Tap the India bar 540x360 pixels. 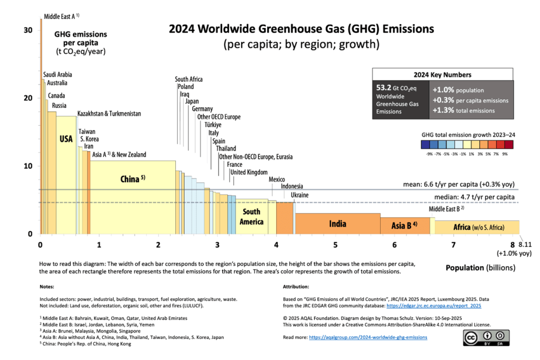(x=338, y=224)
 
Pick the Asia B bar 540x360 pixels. (x=404, y=226)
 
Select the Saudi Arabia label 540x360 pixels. (x=58, y=75)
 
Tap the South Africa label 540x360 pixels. (x=188, y=79)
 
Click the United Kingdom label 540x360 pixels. (x=249, y=172)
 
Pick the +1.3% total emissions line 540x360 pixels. (x=463, y=110)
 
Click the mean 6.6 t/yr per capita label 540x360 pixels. (x=457, y=184)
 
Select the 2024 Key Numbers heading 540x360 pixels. (x=442, y=74)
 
